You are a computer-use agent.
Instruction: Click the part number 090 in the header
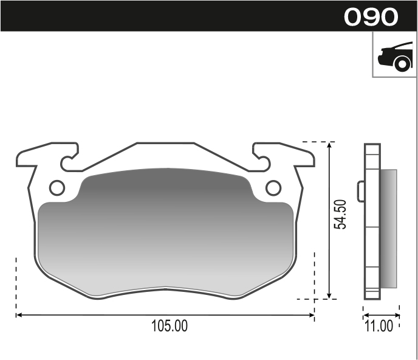click(371, 16)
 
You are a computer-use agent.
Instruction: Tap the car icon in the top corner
click(394, 57)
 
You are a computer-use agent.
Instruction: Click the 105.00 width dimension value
click(170, 327)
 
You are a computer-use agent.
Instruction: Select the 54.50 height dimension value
click(342, 214)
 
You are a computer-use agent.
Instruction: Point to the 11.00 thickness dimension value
click(379, 327)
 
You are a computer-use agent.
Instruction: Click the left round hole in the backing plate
click(57, 188)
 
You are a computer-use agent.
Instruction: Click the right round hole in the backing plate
click(273, 188)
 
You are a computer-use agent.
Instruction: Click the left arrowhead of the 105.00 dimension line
click(19, 315)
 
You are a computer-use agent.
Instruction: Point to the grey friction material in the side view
click(388, 229)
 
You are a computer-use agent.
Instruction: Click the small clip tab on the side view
click(361, 191)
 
